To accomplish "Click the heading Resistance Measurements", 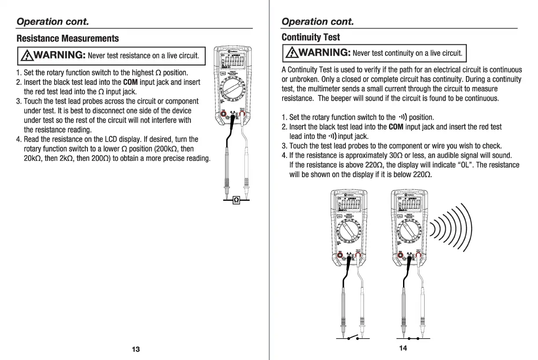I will point(68,39).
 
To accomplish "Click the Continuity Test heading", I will point(311,37).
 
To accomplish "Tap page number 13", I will point(136,349).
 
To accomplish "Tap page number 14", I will point(403,348).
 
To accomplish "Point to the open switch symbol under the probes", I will point(353,338).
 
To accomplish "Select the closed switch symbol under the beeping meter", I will point(413,338).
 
